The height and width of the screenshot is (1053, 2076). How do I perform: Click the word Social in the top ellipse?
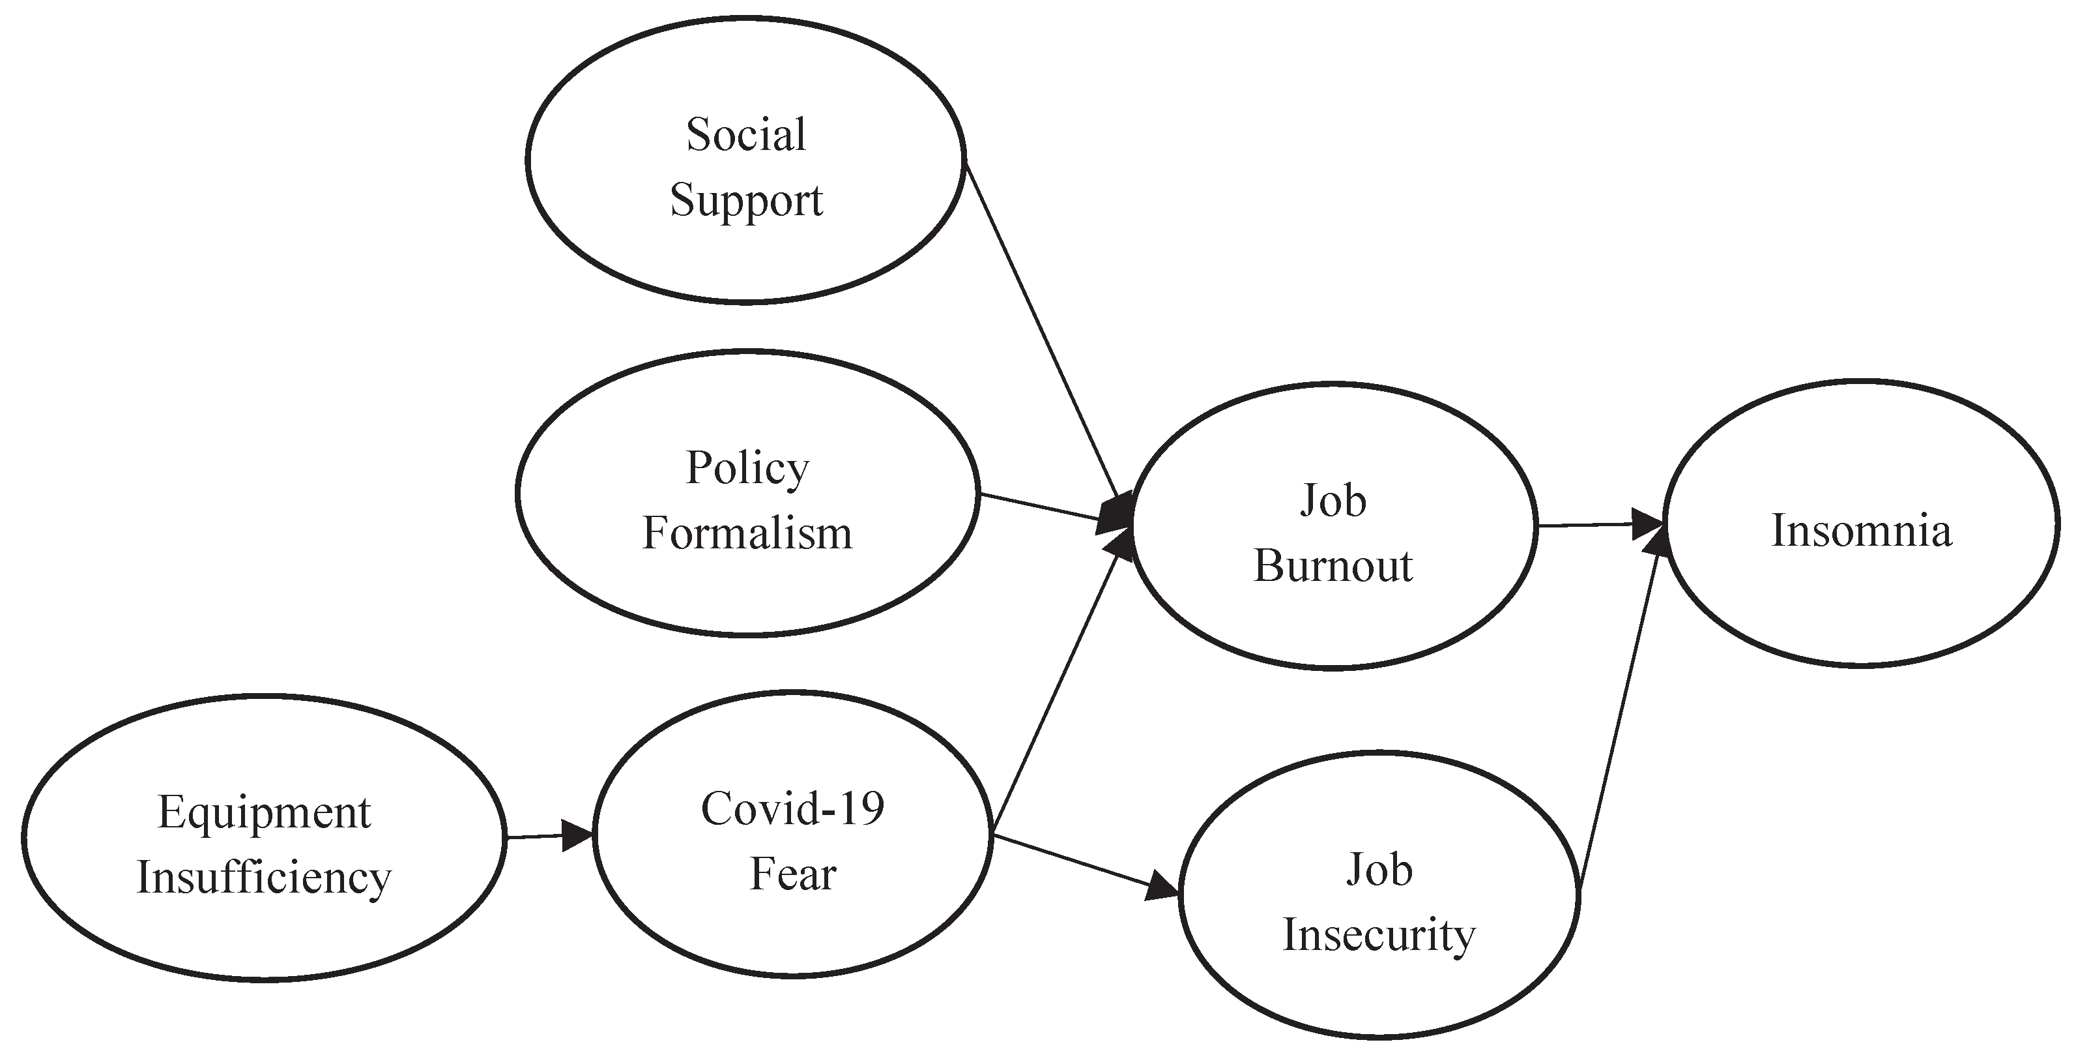[745, 135]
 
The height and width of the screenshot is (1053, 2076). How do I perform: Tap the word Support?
[746, 200]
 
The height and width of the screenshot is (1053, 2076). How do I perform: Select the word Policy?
[747, 468]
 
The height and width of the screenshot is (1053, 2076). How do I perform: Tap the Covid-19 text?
[792, 808]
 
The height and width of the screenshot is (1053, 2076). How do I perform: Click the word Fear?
[793, 874]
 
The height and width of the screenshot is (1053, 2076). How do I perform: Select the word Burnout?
[1333, 566]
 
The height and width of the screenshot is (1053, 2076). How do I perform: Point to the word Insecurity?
[1379, 935]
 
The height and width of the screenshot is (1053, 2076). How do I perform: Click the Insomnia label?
[1862, 531]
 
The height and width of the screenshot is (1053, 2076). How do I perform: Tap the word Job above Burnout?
[1333, 501]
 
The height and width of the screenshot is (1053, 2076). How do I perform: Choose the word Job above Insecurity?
[1379, 871]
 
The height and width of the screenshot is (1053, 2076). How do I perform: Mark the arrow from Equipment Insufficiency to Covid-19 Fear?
[548, 836]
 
